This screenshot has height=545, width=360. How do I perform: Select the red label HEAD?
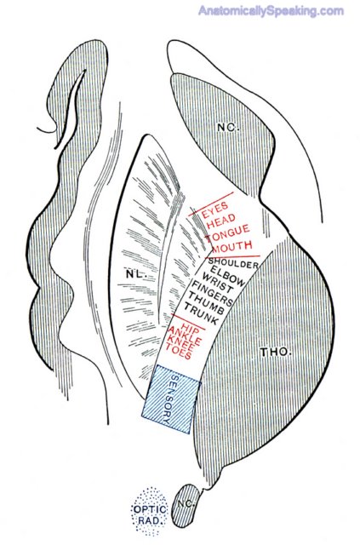point(221,221)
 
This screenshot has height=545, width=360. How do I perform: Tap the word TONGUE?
point(227,233)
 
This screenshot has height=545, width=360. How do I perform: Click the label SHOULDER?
point(234,262)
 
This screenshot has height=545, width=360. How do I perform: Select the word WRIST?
point(218,284)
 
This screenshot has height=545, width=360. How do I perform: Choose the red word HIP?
point(190,327)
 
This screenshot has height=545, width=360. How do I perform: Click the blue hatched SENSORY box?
point(171,399)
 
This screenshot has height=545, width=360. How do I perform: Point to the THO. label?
point(276,352)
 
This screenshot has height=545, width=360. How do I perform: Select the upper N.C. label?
point(227,128)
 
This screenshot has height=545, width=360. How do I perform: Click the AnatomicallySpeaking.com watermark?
point(271,11)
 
